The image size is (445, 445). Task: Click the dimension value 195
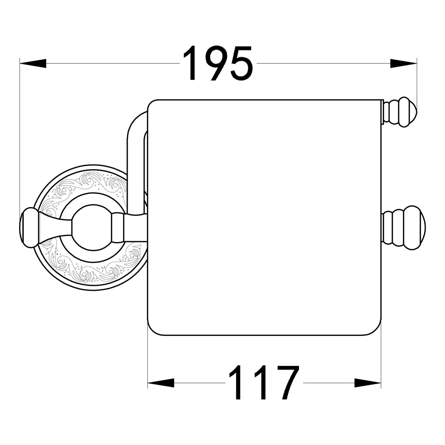coord(218,63)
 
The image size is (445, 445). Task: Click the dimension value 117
coord(264,382)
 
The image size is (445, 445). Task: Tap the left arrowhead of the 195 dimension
coord(33,63)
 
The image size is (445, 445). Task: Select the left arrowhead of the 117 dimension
coord(161,383)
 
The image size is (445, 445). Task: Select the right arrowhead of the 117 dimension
coord(368,383)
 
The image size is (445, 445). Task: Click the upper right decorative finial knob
coord(400,112)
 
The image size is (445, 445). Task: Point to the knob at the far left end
coord(28,227)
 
